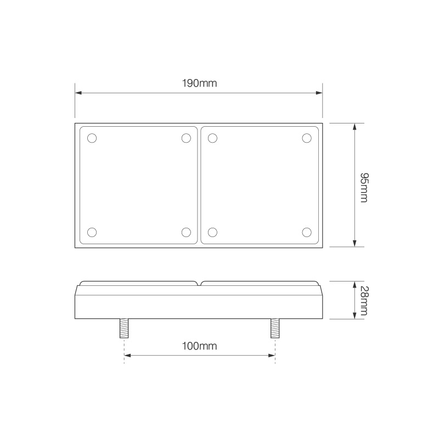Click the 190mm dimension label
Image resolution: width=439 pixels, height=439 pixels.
(x=200, y=83)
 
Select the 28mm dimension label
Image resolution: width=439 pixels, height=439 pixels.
(x=363, y=300)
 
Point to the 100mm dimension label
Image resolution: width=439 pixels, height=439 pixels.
(x=200, y=346)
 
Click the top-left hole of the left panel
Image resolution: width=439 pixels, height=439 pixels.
(x=92, y=138)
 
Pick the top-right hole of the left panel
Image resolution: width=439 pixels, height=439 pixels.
(x=186, y=138)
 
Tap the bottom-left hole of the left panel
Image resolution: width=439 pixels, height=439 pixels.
(x=92, y=232)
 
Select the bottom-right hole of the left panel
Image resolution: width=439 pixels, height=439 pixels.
(x=186, y=232)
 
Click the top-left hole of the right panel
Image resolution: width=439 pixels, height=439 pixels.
(x=213, y=138)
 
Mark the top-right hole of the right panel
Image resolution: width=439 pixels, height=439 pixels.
(x=307, y=138)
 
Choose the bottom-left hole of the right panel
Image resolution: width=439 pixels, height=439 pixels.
(x=213, y=232)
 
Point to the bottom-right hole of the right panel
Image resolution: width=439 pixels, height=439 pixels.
(x=307, y=232)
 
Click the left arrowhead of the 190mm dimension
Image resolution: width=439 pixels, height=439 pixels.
(x=78, y=93)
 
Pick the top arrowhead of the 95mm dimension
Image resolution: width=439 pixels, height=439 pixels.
(x=355, y=126)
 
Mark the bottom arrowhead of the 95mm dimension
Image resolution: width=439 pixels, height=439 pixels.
(x=355, y=244)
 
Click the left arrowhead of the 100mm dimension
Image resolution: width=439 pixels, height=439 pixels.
(x=128, y=356)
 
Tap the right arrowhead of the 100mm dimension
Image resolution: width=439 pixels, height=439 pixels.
(x=271, y=356)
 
